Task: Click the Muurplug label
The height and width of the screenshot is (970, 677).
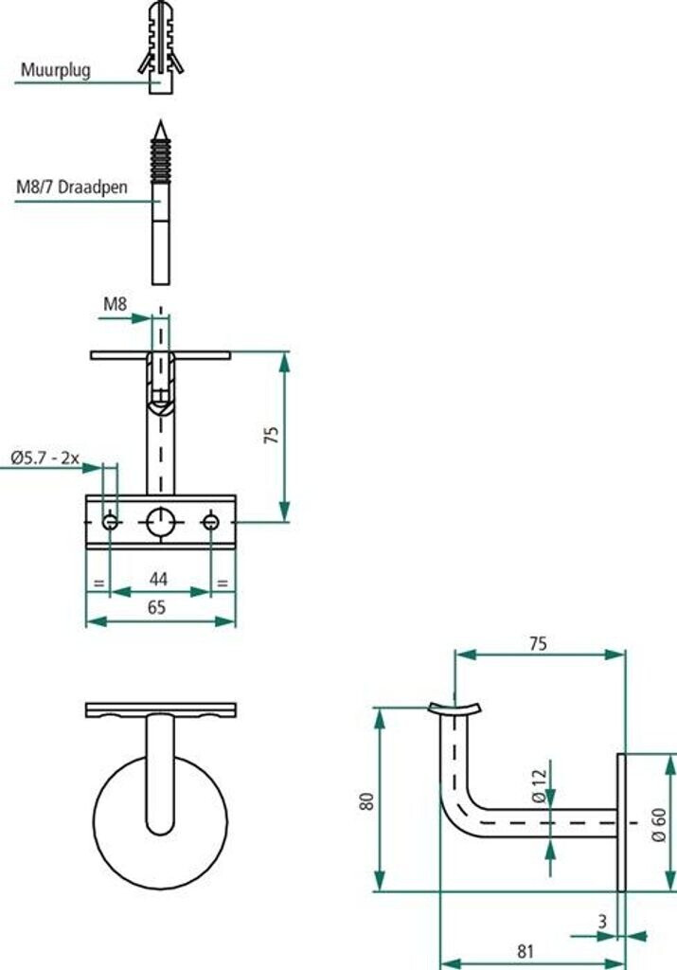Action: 56,70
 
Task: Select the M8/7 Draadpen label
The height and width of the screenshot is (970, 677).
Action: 72,187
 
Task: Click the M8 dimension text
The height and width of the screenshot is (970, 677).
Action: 116,304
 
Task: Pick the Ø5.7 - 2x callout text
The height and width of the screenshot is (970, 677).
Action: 44,457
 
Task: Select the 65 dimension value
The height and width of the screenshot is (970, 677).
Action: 157,608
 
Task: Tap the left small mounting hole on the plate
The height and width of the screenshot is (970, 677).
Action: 112,520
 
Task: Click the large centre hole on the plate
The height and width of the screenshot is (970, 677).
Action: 162,520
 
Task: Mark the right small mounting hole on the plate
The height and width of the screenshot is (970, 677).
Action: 212,520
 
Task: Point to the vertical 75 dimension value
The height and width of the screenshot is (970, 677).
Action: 272,436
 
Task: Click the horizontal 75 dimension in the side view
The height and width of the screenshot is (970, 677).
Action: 538,644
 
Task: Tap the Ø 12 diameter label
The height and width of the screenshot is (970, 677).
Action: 539,786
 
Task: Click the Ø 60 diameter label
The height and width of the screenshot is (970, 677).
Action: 659,823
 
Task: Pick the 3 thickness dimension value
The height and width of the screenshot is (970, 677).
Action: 602,919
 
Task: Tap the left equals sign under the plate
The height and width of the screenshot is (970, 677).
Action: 98,583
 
